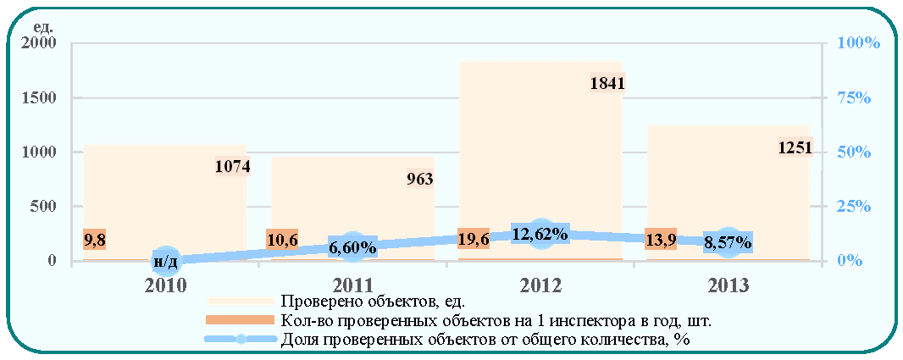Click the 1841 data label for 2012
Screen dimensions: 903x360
coord(607,84)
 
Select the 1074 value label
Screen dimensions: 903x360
coord(233,167)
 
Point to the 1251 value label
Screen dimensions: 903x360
coord(795,148)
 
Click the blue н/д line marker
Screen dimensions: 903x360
coord(165,261)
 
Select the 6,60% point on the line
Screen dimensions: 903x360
coord(352,247)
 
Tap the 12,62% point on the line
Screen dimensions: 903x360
coord(540,234)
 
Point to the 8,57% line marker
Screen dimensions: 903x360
coord(728,242)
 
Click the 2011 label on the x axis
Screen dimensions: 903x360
coord(352,285)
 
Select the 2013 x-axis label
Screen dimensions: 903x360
coord(728,285)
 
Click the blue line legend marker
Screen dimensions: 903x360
coord(242,340)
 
